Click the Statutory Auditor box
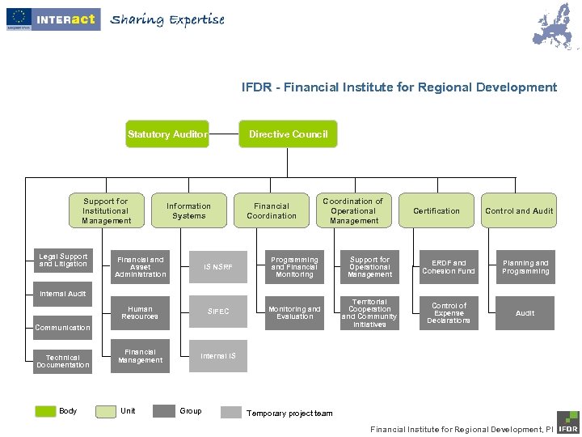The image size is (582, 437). pos(167,134)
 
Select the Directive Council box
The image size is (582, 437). pos(288,134)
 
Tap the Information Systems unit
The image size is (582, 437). pos(188,210)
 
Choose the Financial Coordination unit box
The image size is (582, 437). pos(272,210)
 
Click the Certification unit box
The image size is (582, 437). pos(436,210)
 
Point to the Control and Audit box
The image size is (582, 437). pos(519,210)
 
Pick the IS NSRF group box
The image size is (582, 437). pos(218,267)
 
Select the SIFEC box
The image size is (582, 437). pos(218,312)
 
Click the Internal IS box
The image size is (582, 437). pos(218,356)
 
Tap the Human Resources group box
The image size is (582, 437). pos(140,312)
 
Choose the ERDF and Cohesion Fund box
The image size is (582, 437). pos(449,267)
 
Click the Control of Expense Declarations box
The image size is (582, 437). pos(449,312)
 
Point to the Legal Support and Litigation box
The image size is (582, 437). pos(63,261)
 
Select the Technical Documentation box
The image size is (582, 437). pos(63,361)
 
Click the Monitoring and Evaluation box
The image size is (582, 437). pos(294,312)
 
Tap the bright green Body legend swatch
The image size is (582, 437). pos(45,411)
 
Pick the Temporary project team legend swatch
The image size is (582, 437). pos(231,412)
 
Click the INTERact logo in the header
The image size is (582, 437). pos(53,19)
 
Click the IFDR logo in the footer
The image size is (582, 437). pos(567,421)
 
